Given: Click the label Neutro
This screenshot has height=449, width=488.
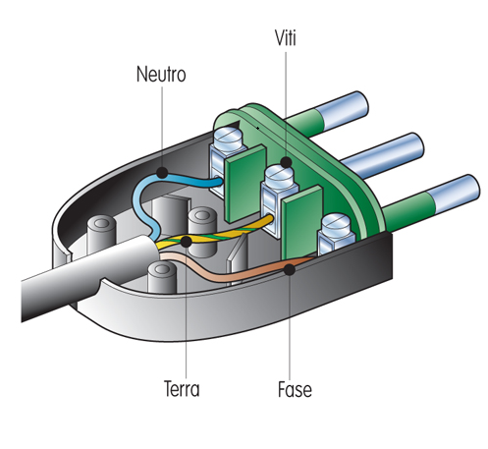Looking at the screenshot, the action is point(161,74).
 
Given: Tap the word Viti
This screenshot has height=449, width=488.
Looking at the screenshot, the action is point(286,38).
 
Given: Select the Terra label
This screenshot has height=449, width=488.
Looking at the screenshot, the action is point(182,389).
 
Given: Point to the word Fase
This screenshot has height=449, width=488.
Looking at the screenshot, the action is point(295,389).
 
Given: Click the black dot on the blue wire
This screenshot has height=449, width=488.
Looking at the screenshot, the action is point(162,173).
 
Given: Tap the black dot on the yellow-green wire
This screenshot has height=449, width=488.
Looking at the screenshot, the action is point(186,242).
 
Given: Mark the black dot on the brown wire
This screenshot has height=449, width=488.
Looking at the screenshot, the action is point(290,269).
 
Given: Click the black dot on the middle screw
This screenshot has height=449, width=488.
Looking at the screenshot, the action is point(287,162).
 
